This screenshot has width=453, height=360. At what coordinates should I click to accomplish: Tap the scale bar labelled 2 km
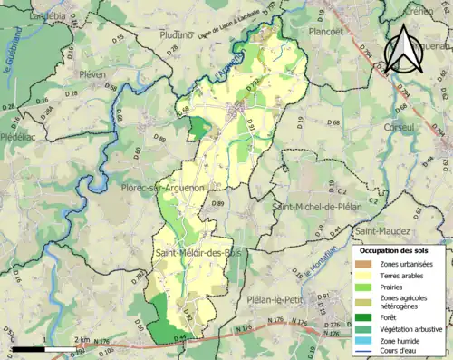coord(27,345)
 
